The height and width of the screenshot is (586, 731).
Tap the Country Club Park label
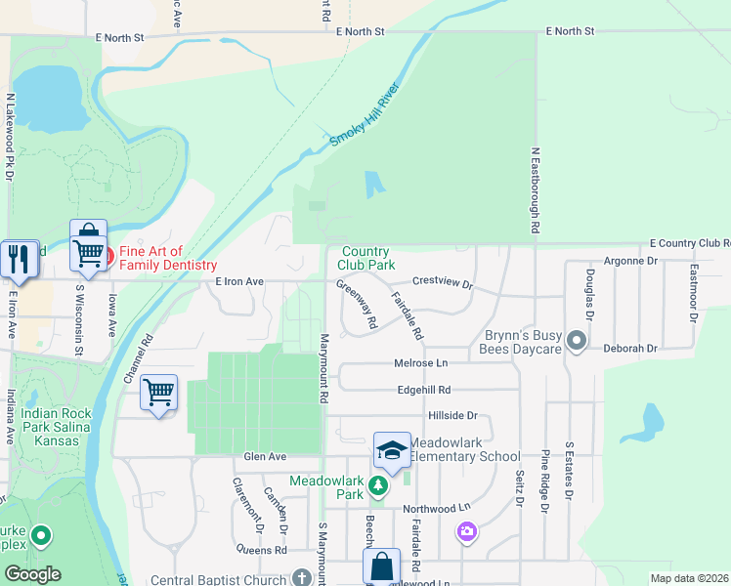(x=366, y=258)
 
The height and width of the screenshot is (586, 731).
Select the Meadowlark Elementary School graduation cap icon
(x=391, y=450)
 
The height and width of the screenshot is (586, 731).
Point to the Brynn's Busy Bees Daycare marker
(x=576, y=341)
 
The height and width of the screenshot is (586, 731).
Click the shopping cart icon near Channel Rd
(x=158, y=393)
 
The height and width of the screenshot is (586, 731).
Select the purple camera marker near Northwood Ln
(x=467, y=531)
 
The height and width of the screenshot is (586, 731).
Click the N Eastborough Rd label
(x=535, y=190)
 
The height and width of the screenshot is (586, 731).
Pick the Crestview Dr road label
(x=442, y=283)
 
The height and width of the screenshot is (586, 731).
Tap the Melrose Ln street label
(x=421, y=363)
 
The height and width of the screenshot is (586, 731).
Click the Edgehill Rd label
(x=422, y=389)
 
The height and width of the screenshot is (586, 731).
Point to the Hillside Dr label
(x=451, y=415)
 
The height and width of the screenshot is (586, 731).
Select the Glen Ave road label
(x=264, y=456)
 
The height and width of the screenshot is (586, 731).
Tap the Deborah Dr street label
(x=630, y=347)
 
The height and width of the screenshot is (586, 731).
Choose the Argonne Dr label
(x=631, y=261)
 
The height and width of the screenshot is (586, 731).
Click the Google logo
(x=32, y=574)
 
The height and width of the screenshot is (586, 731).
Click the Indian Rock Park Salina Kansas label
(x=58, y=427)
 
